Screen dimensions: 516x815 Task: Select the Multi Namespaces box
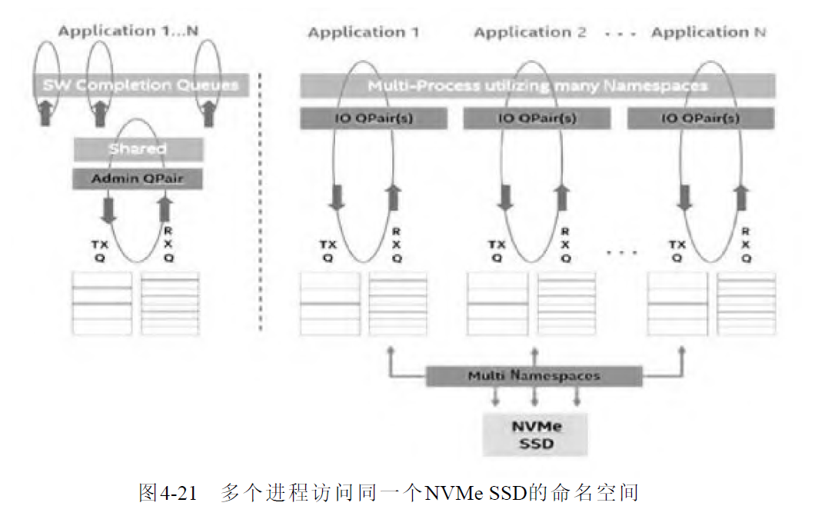(x=534, y=376)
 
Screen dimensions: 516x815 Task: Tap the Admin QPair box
(x=138, y=178)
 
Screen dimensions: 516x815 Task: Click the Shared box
(x=138, y=149)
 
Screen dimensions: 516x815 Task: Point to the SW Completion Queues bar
(x=141, y=85)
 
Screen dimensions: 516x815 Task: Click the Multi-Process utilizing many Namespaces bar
(x=537, y=86)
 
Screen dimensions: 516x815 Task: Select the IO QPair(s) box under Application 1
(x=373, y=118)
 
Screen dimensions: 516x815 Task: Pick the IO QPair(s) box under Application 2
(x=537, y=118)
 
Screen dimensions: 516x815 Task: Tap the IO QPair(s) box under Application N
(x=701, y=118)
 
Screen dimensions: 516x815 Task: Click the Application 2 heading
(x=530, y=32)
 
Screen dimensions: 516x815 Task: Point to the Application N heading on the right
(x=708, y=32)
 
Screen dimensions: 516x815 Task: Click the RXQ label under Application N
(x=745, y=245)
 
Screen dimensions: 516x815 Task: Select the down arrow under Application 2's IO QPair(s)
(x=504, y=198)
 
